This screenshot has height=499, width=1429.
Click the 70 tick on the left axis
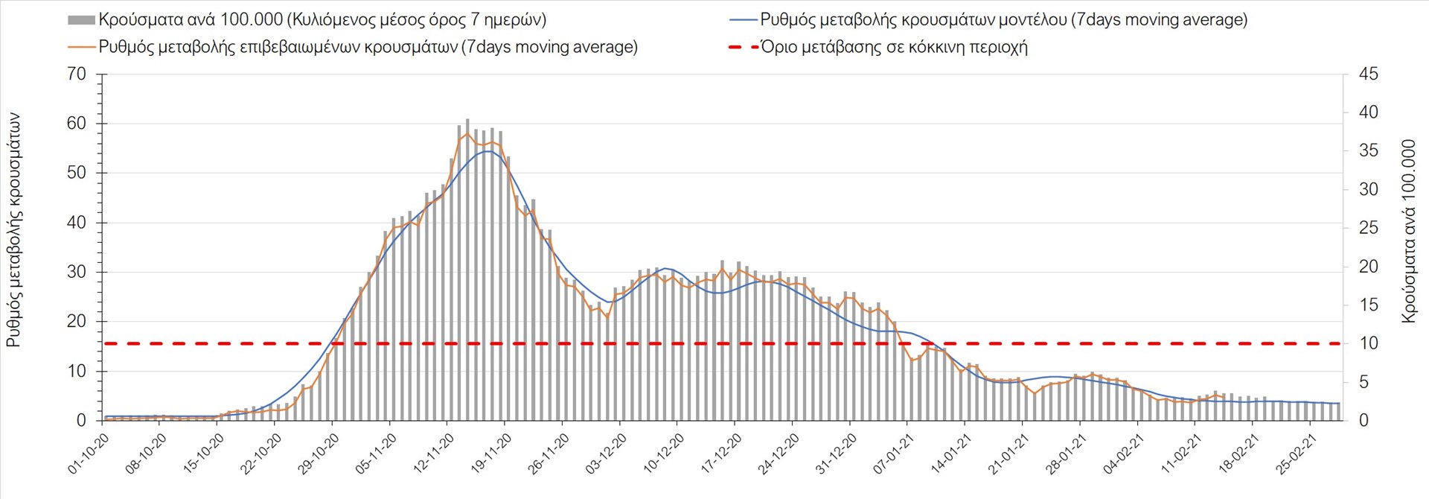click(x=77, y=74)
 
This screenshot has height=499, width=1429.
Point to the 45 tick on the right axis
click(x=1368, y=74)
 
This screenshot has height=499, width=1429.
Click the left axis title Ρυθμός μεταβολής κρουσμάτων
click(x=13, y=231)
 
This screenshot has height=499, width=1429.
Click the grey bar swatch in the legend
click(x=81, y=20)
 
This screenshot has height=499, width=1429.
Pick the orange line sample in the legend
click(x=81, y=47)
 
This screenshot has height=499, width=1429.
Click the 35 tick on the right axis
click(x=1368, y=151)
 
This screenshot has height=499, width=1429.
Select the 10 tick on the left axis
click(x=77, y=371)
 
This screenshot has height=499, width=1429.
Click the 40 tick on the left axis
click(x=77, y=223)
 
